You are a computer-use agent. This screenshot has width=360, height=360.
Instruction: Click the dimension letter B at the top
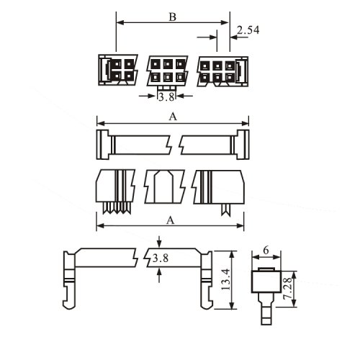click(x=173, y=17)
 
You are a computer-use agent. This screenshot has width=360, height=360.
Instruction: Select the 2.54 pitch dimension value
click(x=248, y=30)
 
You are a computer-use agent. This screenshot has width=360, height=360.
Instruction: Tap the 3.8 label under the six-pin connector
click(x=166, y=97)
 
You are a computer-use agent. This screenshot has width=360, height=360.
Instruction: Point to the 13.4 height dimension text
click(x=226, y=280)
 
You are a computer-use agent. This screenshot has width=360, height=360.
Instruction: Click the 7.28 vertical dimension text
click(x=287, y=288)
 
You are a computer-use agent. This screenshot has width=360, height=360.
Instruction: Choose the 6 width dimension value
click(x=266, y=251)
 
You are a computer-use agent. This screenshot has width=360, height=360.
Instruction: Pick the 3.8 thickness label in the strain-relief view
click(x=161, y=258)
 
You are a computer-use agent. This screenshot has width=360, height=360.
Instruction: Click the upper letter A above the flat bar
click(x=173, y=117)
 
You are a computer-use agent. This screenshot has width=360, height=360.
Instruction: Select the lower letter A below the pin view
click(x=170, y=220)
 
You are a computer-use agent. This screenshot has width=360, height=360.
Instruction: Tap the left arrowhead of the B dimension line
click(x=120, y=23)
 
